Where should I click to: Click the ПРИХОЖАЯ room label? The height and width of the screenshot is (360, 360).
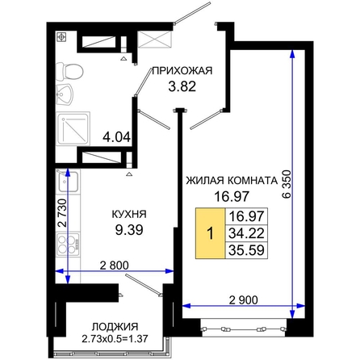(x=182, y=71)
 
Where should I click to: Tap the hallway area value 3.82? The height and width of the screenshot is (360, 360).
(x=182, y=86)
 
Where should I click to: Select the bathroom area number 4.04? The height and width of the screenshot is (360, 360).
(x=117, y=137)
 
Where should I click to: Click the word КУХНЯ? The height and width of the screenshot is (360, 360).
(x=129, y=215)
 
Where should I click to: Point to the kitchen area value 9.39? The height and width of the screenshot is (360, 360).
(x=129, y=230)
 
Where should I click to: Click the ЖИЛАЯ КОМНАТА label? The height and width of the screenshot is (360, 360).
(x=232, y=181)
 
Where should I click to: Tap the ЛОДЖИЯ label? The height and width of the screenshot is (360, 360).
(x=115, y=327)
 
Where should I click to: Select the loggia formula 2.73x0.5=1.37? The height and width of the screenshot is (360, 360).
(x=115, y=338)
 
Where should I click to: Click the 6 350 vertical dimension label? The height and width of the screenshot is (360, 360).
(x=287, y=184)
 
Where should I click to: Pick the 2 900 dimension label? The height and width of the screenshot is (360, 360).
(x=243, y=299)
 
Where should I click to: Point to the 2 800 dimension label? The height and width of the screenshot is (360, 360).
(x=114, y=266)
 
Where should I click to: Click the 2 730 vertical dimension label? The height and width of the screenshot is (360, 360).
(x=62, y=213)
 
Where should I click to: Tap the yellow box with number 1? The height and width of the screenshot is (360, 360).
(x=210, y=233)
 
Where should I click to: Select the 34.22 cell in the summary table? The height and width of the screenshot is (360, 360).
(x=246, y=233)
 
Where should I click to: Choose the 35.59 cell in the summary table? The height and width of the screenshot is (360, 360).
(x=246, y=250)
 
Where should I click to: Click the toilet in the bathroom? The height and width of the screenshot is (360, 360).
(x=69, y=72)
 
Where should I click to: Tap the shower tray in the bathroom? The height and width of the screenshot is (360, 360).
(x=73, y=129)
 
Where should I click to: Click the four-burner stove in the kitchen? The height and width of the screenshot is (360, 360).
(x=68, y=244)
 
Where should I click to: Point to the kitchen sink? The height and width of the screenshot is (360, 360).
(x=68, y=182)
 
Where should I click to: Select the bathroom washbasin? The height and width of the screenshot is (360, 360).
(x=64, y=94)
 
